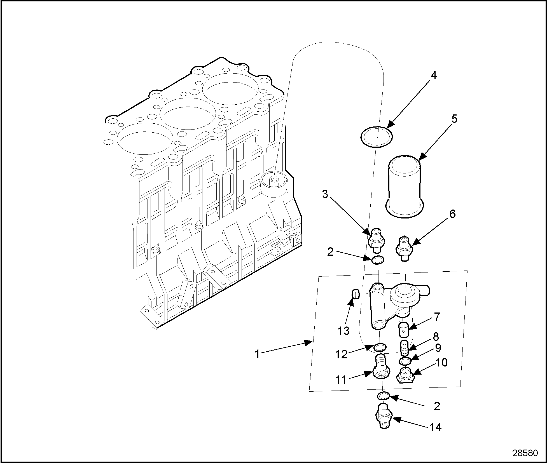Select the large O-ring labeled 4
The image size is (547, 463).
click(x=376, y=137)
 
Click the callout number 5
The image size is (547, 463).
click(x=454, y=119)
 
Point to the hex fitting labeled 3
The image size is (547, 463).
click(x=377, y=239)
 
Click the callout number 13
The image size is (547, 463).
click(x=343, y=331)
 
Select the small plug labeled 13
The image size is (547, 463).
click(x=355, y=294)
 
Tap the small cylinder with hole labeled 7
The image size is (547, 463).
click(x=403, y=330)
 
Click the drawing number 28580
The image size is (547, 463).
click(x=525, y=453)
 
